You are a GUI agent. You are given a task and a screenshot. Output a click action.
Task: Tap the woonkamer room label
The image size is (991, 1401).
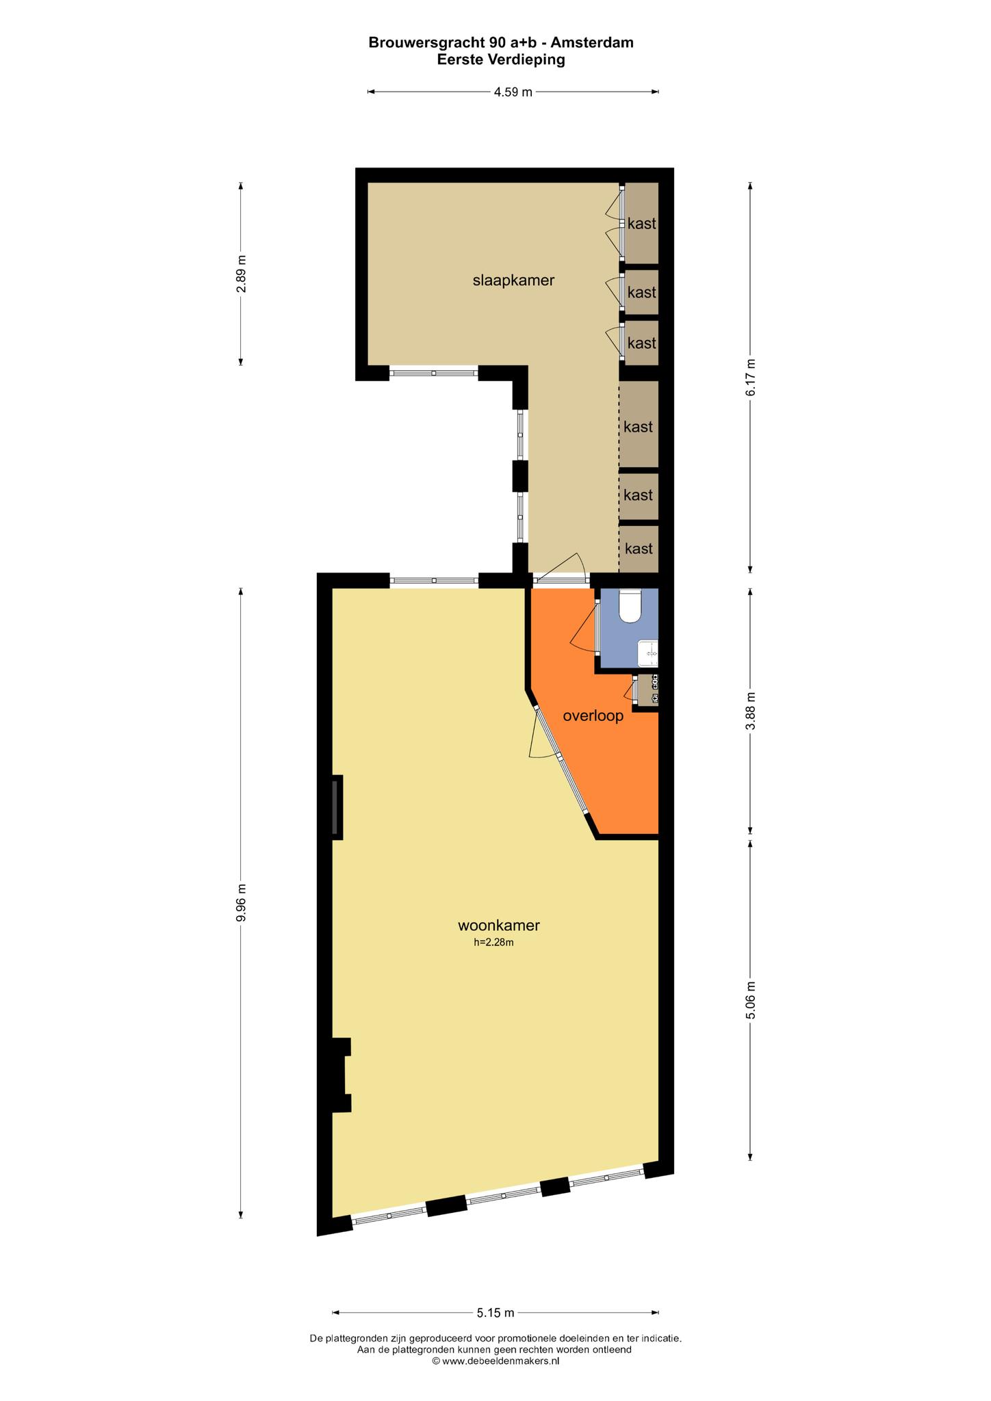coord(499,926)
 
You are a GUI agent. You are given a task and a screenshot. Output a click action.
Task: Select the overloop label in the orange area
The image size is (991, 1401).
coord(593,716)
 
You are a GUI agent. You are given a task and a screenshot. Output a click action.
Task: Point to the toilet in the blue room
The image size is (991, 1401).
coord(629,606)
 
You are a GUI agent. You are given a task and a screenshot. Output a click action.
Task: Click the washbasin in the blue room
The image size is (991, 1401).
coord(648,653)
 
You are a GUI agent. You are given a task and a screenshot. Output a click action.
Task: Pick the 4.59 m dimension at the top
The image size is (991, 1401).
coord(513,92)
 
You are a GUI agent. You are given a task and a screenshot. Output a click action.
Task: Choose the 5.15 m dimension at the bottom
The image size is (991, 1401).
coord(495,1312)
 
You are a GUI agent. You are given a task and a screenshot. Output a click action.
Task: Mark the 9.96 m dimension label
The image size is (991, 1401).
coord(241,903)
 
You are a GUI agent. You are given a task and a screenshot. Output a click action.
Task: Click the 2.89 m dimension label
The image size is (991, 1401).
coord(241,274)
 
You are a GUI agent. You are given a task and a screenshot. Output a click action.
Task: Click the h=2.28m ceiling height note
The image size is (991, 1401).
coord(493,942)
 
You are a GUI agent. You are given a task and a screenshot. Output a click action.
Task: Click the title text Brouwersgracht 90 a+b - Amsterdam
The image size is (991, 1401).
coord(501,42)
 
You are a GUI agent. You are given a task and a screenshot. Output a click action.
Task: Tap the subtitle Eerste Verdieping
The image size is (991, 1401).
coord(501,60)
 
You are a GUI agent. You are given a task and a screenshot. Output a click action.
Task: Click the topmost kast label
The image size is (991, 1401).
coord(642,224)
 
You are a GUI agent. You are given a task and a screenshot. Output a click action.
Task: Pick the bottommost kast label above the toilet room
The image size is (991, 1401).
coord(639,549)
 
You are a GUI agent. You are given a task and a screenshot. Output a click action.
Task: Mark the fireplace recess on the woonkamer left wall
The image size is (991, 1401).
coord(337,807)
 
